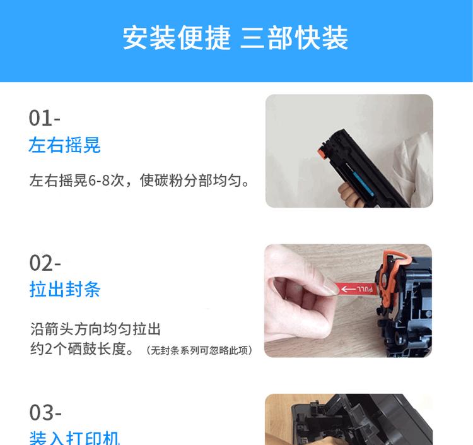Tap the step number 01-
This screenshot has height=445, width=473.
44,118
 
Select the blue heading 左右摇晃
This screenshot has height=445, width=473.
64,146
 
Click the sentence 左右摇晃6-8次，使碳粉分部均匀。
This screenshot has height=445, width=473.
139,181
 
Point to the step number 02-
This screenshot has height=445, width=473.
45,263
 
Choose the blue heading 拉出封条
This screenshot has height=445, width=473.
64,290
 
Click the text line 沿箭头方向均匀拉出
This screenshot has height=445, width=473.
95,329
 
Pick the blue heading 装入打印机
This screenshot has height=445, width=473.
74,438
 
